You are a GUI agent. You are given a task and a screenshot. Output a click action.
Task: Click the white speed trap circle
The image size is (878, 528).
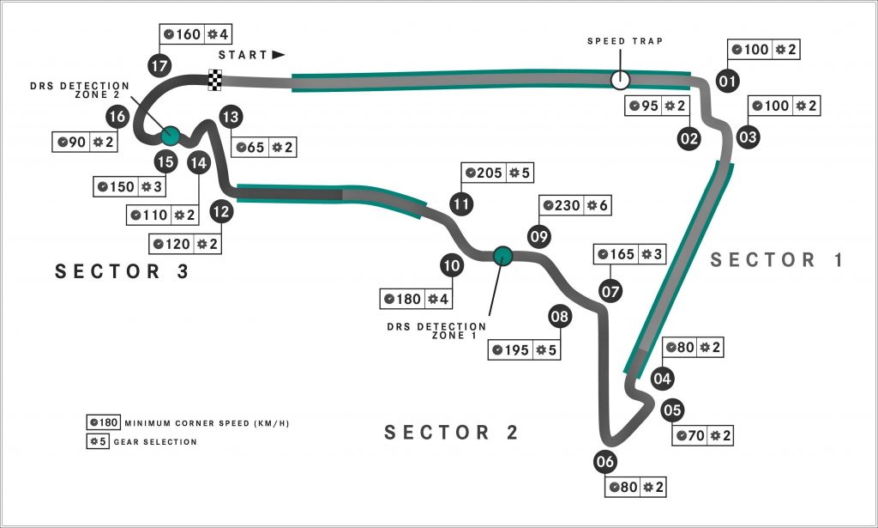click(619, 80)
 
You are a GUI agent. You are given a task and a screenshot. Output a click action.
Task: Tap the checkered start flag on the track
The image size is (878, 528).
click(215, 81)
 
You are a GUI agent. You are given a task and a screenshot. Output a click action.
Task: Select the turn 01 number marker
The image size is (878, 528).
click(728, 82)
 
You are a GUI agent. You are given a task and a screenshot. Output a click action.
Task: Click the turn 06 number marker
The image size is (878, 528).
click(605, 462)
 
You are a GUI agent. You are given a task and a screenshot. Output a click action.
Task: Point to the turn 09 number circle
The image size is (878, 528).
click(538, 236)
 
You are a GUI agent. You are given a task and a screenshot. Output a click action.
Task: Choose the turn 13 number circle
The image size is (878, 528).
click(228, 116)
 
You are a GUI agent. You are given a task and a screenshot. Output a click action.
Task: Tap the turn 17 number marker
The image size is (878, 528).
click(159, 64)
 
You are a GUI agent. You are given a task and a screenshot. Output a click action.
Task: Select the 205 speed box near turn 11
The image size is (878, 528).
click(485, 173)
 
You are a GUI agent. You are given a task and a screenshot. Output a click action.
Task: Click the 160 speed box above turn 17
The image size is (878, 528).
click(183, 35)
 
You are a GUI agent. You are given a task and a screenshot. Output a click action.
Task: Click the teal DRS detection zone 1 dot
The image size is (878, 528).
click(502, 255)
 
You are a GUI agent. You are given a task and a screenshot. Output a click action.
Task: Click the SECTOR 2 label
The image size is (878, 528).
click(452, 432)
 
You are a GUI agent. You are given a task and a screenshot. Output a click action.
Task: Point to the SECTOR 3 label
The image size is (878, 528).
click(122, 271)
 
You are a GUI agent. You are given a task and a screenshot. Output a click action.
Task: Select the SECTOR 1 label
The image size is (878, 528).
click(777, 260)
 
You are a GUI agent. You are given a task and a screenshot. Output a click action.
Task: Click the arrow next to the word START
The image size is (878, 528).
click(278, 54)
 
